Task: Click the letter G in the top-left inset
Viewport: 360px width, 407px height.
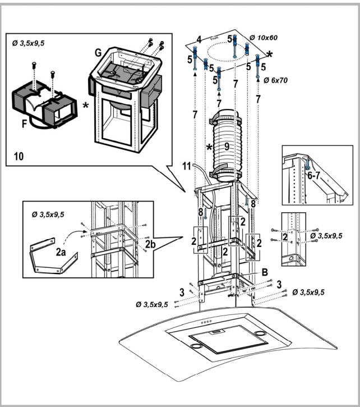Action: [98, 53]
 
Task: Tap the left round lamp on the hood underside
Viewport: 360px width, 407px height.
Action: [195, 347]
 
